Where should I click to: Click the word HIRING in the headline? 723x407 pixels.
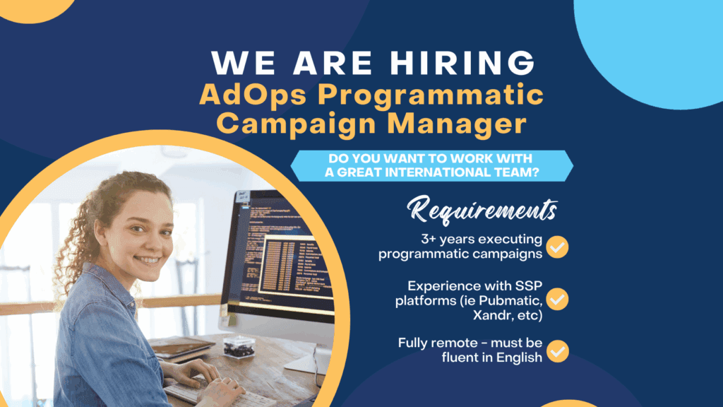[463, 62]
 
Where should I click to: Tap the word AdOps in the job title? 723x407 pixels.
[253, 95]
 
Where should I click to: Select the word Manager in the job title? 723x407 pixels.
[457, 124]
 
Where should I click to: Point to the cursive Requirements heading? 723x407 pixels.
[482, 210]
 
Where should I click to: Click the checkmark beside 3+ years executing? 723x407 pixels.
[557, 247]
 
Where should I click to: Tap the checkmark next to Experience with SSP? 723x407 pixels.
[557, 299]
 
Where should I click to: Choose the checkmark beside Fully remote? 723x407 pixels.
[557, 351]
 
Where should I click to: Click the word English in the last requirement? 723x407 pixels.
[519, 358]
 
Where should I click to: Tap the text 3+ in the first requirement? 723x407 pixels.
[428, 239]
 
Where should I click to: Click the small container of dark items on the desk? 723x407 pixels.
[239, 347]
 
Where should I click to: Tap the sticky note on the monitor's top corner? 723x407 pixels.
[242, 197]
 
